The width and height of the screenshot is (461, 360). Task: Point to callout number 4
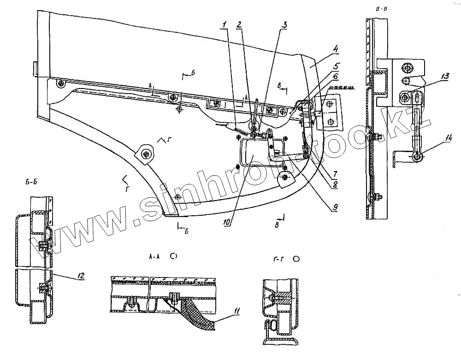[337, 48]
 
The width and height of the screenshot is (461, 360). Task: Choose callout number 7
[335, 174]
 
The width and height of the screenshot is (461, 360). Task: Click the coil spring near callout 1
[241, 131]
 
